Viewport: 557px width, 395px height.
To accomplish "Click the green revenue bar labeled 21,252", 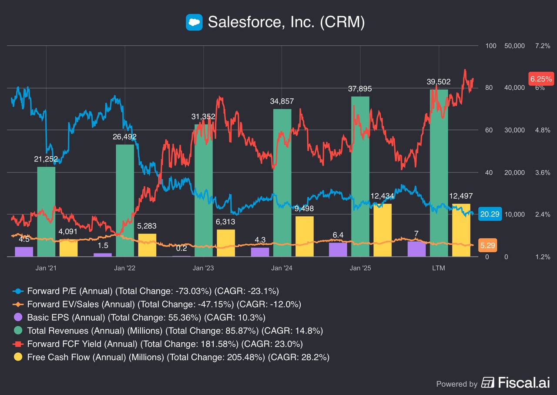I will tap(46, 212).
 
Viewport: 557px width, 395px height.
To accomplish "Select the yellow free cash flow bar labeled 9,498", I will tap(305, 236).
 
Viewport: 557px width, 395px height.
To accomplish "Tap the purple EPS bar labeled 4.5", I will tap(24, 252).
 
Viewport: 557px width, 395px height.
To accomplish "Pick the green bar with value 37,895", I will tap(360, 176).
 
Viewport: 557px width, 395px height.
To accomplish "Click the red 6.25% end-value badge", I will tap(541, 79).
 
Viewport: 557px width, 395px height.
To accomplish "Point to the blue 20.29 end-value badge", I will tap(490, 214).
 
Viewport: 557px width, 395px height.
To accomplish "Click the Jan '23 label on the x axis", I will tap(203, 268).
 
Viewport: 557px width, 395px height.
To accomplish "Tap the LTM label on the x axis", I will tap(439, 268).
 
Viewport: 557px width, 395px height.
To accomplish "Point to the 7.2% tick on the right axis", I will tap(543, 46).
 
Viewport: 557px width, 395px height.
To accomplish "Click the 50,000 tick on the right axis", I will tap(515, 46).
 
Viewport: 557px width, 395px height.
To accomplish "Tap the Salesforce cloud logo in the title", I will tap(194, 22).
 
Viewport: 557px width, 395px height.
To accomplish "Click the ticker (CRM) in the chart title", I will tap(342, 22).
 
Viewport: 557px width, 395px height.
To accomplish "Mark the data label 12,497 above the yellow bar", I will tap(461, 196).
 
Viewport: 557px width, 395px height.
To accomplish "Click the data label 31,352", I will tap(203, 117).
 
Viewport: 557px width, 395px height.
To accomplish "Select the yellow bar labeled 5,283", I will tap(147, 245).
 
